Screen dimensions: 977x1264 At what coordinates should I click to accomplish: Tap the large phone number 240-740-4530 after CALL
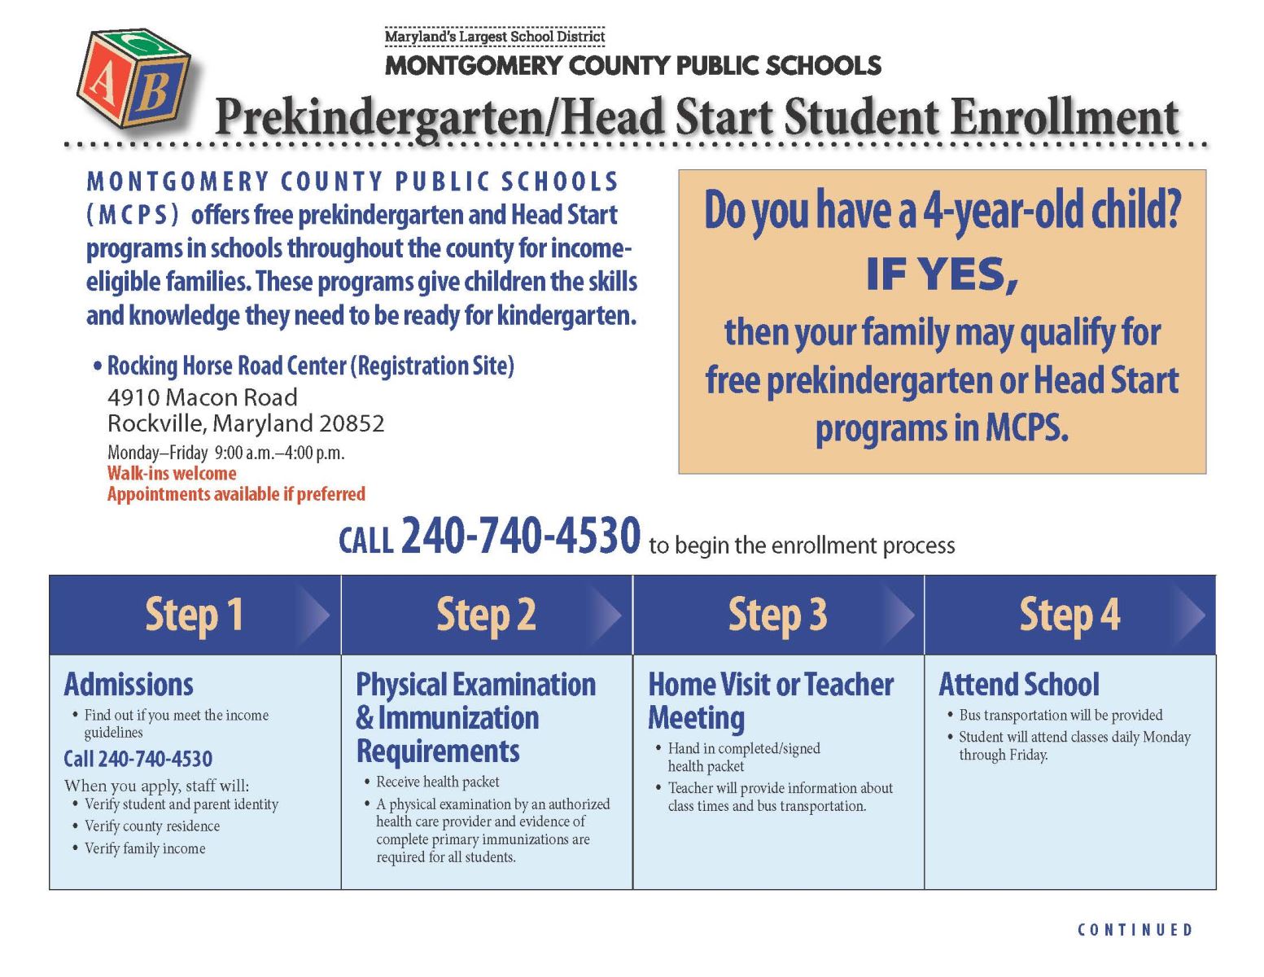click(521, 537)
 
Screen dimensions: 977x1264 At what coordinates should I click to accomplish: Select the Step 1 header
click(194, 615)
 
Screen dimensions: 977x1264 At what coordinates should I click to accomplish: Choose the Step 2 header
click(486, 615)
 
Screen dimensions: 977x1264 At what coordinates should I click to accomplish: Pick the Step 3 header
click(777, 615)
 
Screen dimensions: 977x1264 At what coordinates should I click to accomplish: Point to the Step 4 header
click(1069, 615)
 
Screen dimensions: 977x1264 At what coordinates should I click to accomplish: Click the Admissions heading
click(129, 685)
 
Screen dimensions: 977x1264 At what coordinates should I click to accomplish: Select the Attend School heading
click(1019, 685)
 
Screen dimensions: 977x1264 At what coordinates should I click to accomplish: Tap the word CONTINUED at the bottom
click(1135, 930)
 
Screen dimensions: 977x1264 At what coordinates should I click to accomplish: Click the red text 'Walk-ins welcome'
click(172, 474)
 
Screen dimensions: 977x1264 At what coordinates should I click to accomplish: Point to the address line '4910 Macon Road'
click(203, 397)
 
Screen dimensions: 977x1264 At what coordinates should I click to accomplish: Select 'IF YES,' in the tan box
click(942, 274)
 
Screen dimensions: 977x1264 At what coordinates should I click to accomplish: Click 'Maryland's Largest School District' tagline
click(495, 37)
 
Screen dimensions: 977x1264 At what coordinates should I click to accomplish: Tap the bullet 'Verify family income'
click(145, 848)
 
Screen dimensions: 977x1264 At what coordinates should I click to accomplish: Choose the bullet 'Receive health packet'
click(438, 782)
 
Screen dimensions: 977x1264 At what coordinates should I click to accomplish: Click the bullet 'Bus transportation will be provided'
click(1061, 715)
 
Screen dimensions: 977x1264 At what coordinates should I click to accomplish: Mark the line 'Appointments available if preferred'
click(236, 494)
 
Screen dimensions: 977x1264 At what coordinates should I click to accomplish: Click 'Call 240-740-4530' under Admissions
click(138, 759)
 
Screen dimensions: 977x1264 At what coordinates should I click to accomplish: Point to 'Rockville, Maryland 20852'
click(246, 423)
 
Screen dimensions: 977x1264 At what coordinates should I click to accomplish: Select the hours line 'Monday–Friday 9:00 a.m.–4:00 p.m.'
click(226, 453)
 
